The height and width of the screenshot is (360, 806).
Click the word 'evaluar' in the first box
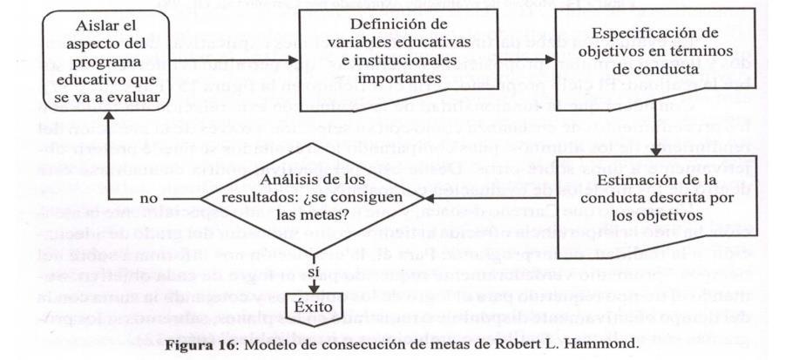(136, 97)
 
